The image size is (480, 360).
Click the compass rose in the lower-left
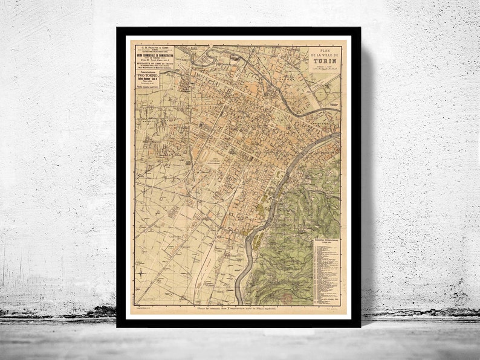(140, 274)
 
